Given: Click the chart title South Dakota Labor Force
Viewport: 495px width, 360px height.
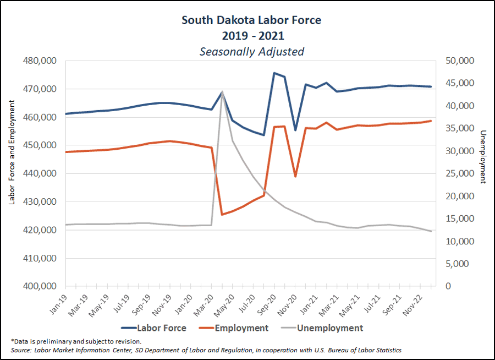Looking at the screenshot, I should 251,20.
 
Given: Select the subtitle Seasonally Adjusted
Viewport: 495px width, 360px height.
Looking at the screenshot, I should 251,52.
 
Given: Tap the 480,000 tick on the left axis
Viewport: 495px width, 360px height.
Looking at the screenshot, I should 42,61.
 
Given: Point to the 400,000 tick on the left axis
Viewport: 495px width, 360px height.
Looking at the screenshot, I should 42,286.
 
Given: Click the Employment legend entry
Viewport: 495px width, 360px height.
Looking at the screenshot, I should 241,328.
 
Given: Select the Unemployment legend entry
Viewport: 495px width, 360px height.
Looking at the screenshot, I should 330,328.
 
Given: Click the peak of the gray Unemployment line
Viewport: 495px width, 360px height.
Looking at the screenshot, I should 222,92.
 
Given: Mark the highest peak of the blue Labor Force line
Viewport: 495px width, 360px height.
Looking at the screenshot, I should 274,73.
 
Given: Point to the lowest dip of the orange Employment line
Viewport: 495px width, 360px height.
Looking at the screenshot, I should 222,214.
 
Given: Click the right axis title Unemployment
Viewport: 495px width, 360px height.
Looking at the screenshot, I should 483,156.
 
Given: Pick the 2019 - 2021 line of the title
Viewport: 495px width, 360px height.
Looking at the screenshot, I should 251,36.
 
